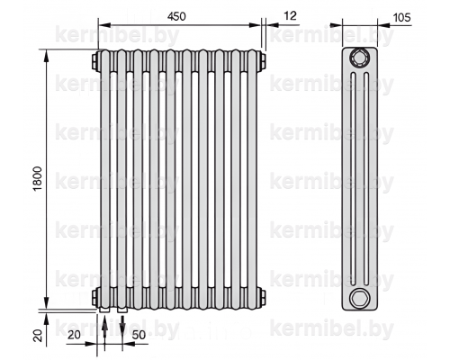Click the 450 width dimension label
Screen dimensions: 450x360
pyautogui.click(x=176, y=16)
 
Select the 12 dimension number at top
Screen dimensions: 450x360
pyautogui.click(x=290, y=15)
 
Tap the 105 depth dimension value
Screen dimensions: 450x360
pyautogui.click(x=401, y=17)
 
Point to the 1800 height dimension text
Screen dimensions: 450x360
pyautogui.click(x=38, y=179)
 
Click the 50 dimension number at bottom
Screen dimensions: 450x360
pyautogui.click(x=139, y=335)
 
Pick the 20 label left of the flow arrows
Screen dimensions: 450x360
pyautogui.click(x=74, y=335)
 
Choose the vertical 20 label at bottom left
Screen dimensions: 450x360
pyautogui.click(x=38, y=335)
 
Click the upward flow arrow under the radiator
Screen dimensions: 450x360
pyautogui.click(x=104, y=332)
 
